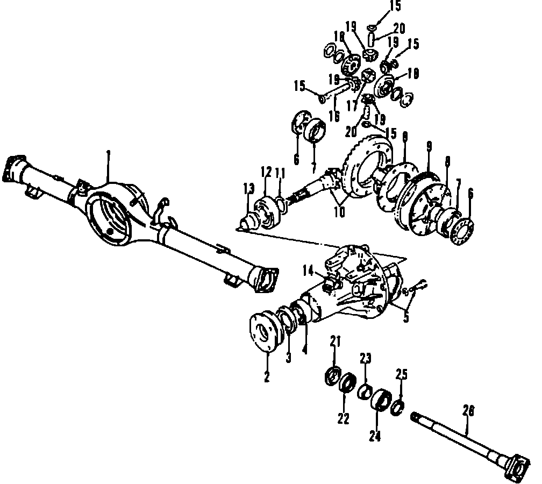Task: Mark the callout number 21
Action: pos(334,341)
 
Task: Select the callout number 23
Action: pos(366,358)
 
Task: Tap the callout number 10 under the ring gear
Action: pos(339,211)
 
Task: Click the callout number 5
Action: pos(406,317)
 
